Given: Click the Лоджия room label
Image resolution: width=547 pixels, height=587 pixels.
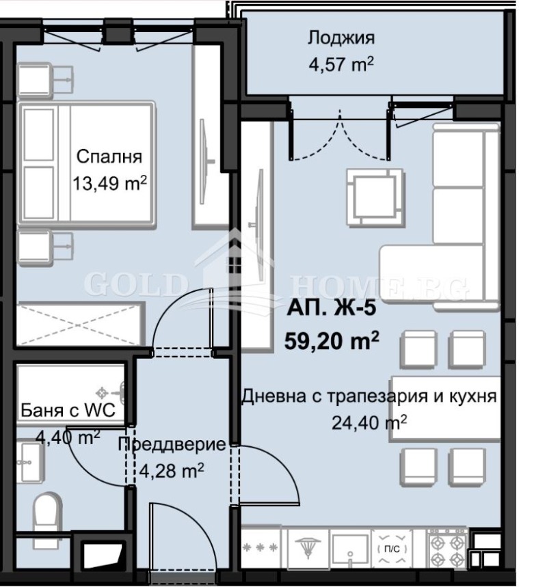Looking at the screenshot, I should (x=341, y=38).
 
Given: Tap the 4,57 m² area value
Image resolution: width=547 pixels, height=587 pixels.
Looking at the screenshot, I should (x=341, y=64).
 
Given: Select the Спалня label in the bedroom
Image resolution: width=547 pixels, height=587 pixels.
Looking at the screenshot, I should (x=109, y=156).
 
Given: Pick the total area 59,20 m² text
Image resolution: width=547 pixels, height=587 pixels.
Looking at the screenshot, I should (x=331, y=340).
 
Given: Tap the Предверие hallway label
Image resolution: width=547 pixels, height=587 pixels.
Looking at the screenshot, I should (x=172, y=445).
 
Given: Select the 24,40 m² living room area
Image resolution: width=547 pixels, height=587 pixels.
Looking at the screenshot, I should (x=369, y=422).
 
